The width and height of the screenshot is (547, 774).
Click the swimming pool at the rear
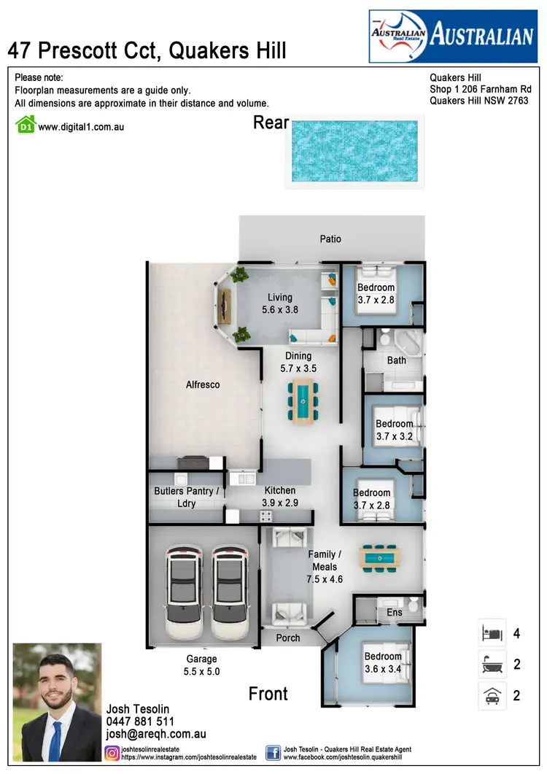pyautogui.click(x=354, y=151)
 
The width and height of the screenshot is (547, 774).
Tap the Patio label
pyautogui.click(x=330, y=239)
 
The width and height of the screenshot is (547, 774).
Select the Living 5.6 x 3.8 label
pyautogui.click(x=279, y=303)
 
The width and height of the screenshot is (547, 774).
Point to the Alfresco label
pyautogui.click(x=203, y=384)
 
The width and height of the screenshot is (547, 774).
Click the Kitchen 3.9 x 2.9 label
pyautogui.click(x=280, y=497)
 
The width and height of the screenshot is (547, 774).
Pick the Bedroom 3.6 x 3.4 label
pyautogui.click(x=383, y=662)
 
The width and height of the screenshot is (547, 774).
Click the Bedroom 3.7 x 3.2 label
pyautogui.click(x=394, y=430)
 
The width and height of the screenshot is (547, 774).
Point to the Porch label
pyautogui.click(x=287, y=638)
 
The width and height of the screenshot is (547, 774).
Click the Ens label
pyautogui.click(x=395, y=613)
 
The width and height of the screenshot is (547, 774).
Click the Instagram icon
pyautogui.click(x=112, y=753)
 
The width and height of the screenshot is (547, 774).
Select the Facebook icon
pyautogui.click(x=273, y=753)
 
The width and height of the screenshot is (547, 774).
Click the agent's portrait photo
pyautogui.click(x=57, y=702)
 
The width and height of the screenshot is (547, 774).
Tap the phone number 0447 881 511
pyautogui.click(x=140, y=721)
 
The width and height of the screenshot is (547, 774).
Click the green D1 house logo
pyautogui.click(x=26, y=125)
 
